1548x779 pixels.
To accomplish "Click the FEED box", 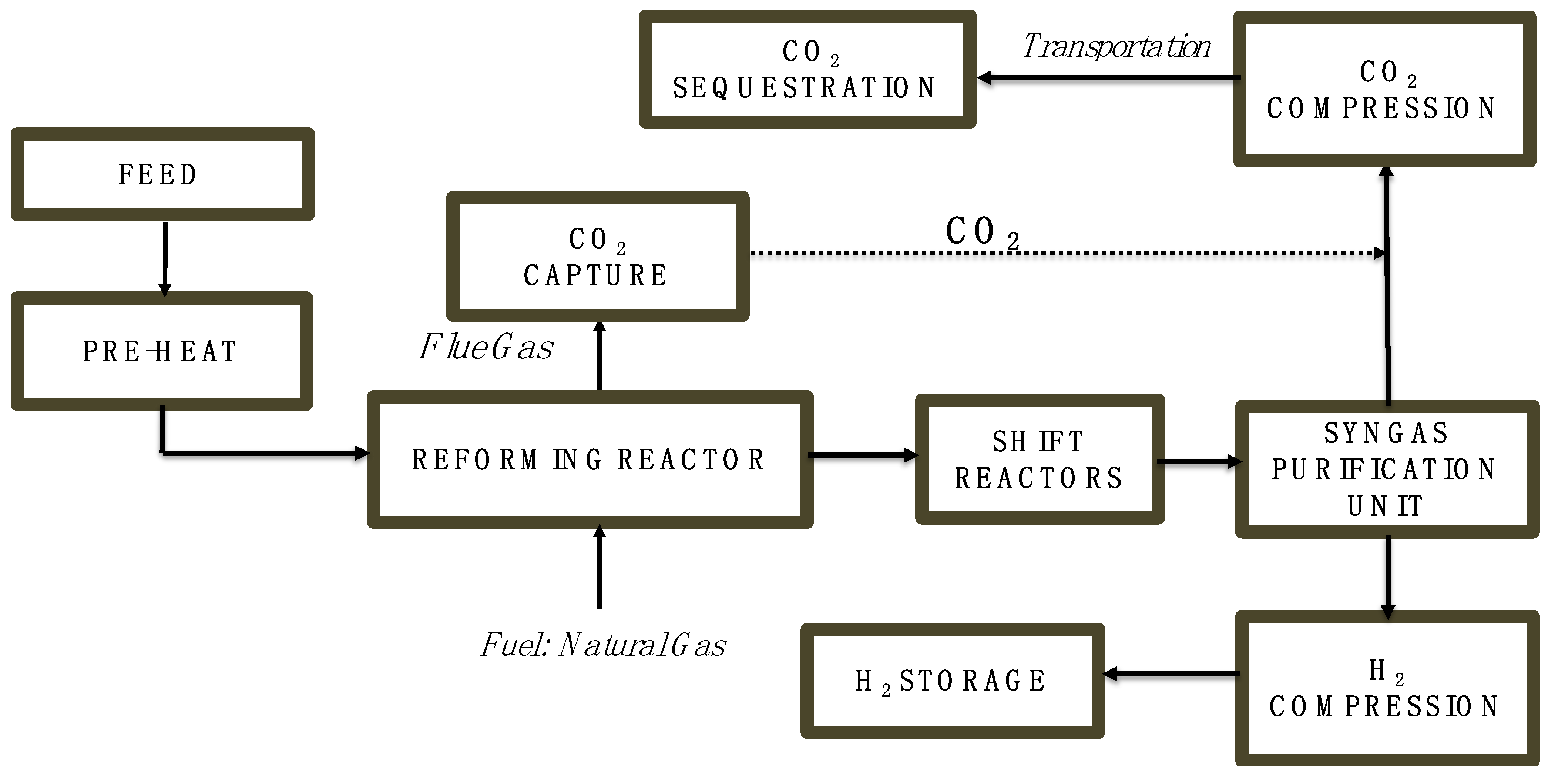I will (162, 174).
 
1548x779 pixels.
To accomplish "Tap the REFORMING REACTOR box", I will (590, 460).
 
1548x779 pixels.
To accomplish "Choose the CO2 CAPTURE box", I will (597, 257).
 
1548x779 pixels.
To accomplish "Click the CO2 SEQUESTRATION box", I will (807, 70).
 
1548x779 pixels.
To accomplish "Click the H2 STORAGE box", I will (952, 681).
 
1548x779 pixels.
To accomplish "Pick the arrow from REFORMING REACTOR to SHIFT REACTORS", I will (863, 455).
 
